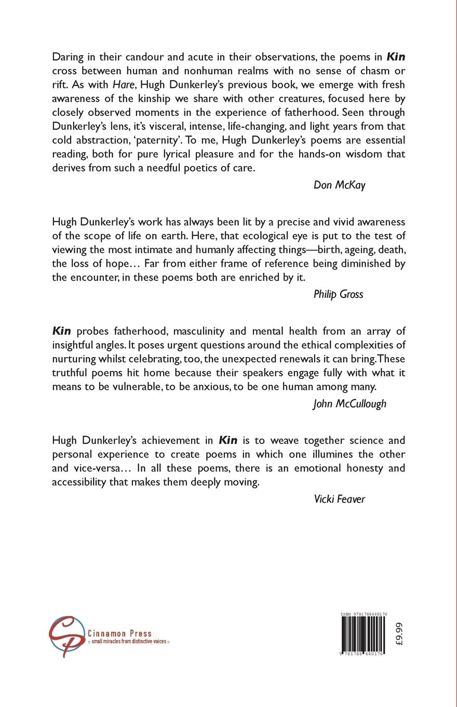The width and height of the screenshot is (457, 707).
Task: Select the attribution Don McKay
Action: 340,185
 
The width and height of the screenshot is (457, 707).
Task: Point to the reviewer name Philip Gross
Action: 339,294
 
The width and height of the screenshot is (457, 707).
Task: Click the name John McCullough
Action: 350,403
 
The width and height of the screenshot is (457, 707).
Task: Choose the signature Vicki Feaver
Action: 340,499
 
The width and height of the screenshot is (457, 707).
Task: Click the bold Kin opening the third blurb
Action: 62,331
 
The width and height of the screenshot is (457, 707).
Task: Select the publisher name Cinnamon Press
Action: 120,633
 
